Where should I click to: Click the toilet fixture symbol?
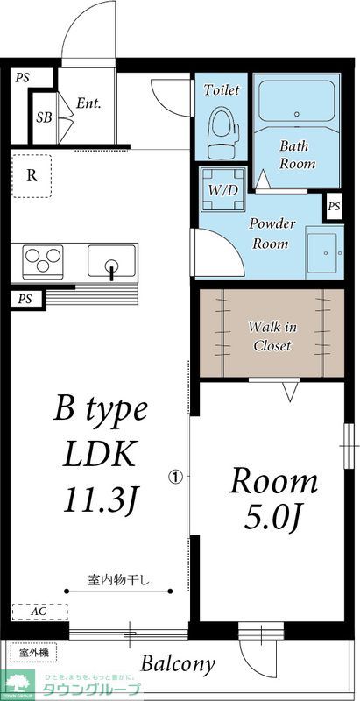coord(223,132)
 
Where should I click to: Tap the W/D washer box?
coord(224,189)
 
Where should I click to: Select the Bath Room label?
coord(296,155)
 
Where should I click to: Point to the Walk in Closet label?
coord(272,336)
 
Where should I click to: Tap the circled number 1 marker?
coord(175,478)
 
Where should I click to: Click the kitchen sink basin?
coord(111,261)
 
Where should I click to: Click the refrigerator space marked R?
coord(32,174)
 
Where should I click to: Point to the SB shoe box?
coord(43,117)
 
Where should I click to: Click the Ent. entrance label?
coord(88,103)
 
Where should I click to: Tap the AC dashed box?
coord(39,612)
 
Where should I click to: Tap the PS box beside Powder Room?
coord(334,207)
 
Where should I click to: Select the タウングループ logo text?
coord(97,689)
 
